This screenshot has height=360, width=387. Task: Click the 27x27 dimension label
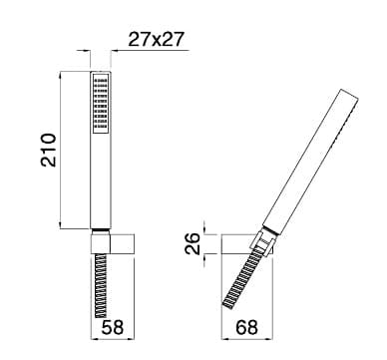pyautogui.click(x=156, y=40)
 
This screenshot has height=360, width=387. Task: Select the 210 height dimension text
pyautogui.click(x=49, y=150)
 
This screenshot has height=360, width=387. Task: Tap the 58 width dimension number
pyautogui.click(x=113, y=327)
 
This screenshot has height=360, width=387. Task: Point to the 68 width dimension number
pyautogui.click(x=246, y=327)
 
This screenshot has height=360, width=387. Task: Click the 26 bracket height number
pyautogui.click(x=193, y=243)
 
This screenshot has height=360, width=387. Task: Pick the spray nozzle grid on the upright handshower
pyautogui.click(x=101, y=104)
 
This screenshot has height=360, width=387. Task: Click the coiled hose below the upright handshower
pyautogui.click(x=101, y=285)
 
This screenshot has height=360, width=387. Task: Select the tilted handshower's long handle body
pyautogui.click(x=310, y=161)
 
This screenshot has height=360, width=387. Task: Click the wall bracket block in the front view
pyautogui.click(x=113, y=244)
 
